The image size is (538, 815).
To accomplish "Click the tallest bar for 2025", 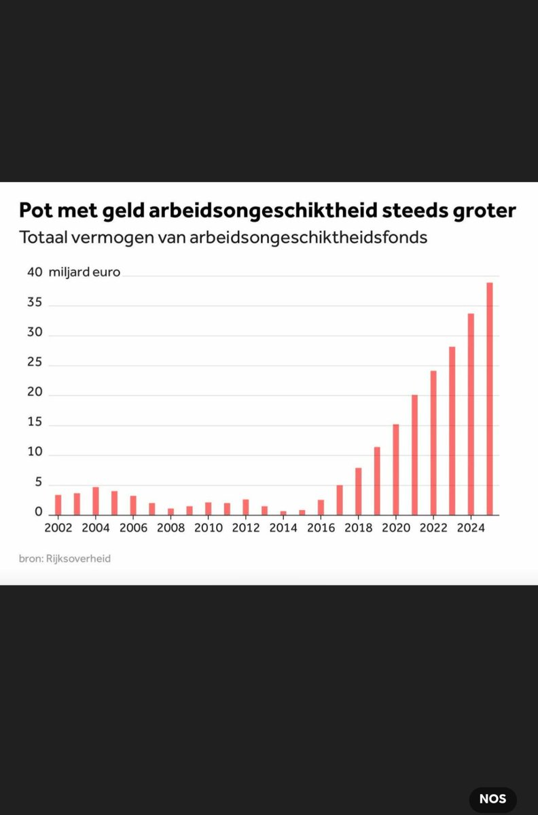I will tap(489, 399).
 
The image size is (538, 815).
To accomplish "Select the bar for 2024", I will tap(470, 414).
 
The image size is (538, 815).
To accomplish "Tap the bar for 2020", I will tap(395, 469).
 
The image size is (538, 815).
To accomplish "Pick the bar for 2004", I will tap(96, 501).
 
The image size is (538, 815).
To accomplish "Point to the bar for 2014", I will tap(283, 513).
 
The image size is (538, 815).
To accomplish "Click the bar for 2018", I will tap(358, 491).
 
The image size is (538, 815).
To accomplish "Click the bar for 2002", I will tap(58, 505).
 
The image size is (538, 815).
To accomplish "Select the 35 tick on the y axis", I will tap(35, 303).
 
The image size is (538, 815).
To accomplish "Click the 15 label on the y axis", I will tap(35, 422).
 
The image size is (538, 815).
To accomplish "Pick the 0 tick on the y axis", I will tap(39, 512).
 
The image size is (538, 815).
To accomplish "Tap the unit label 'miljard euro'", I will tap(84, 272).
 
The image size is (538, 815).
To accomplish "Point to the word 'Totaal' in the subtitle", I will tap(44, 238).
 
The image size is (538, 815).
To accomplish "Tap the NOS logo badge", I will tap(492, 799).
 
